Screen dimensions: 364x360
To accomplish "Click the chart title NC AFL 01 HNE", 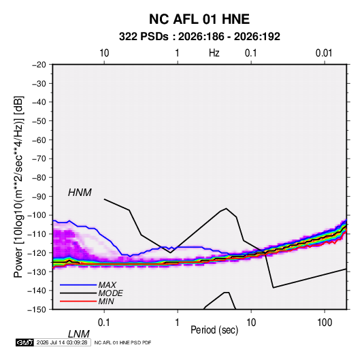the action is pyautogui.click(x=199, y=19).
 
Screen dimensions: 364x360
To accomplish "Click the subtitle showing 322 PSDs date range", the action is pyautogui.click(x=199, y=37).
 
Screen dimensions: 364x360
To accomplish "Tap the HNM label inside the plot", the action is pyautogui.click(x=80, y=193).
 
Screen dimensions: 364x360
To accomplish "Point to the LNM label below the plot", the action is pyautogui.click(x=79, y=334).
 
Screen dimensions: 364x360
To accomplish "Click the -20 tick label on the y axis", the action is pyautogui.click(x=39, y=65).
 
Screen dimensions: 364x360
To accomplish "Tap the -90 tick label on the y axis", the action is pyautogui.click(x=39, y=196).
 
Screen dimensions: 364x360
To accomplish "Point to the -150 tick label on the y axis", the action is pyautogui.click(x=37, y=310).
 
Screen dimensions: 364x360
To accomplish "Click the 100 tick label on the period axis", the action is pyautogui.click(x=325, y=323).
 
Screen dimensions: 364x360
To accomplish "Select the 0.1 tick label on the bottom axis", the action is pyautogui.click(x=104, y=323).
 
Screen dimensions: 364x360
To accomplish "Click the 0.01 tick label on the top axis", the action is pyautogui.click(x=324, y=53).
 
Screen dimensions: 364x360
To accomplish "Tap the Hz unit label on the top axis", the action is pyautogui.click(x=214, y=53).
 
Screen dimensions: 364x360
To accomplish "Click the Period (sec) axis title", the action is pyautogui.click(x=214, y=330).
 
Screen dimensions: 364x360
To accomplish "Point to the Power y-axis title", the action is pyautogui.click(x=18, y=186).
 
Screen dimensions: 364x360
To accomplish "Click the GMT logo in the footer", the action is pyautogui.click(x=24, y=342).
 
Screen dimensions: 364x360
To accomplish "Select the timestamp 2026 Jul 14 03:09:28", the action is pyautogui.click(x=62, y=342).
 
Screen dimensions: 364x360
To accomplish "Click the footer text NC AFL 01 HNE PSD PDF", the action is pyautogui.click(x=122, y=342).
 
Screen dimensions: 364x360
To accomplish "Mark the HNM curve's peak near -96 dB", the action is pyautogui.click(x=226, y=208).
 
